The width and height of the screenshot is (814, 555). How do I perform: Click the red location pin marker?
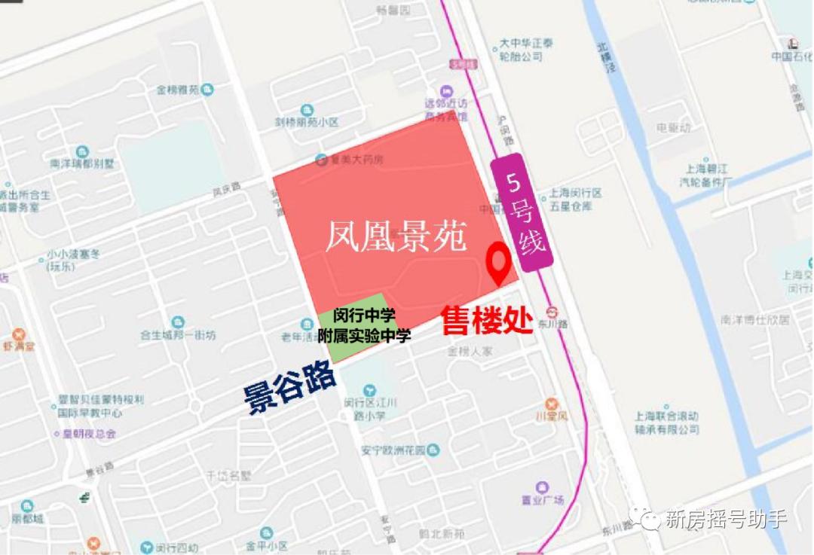[x=498, y=261]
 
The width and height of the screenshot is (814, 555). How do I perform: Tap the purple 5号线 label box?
[x=522, y=212]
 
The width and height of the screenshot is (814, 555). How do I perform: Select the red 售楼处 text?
[x=487, y=319]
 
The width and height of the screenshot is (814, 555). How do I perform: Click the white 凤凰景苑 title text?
[x=396, y=236]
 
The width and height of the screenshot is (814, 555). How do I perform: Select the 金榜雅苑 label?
[x=178, y=90]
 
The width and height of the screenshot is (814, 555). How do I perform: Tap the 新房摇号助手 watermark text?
[x=726, y=520]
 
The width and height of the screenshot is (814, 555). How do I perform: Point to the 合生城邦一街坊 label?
[x=178, y=335]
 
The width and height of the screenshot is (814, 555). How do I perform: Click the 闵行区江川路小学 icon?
[x=369, y=390]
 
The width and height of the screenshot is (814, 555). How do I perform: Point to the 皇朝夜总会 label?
[x=89, y=433]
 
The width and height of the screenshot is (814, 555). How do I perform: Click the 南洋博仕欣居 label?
[x=754, y=319]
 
